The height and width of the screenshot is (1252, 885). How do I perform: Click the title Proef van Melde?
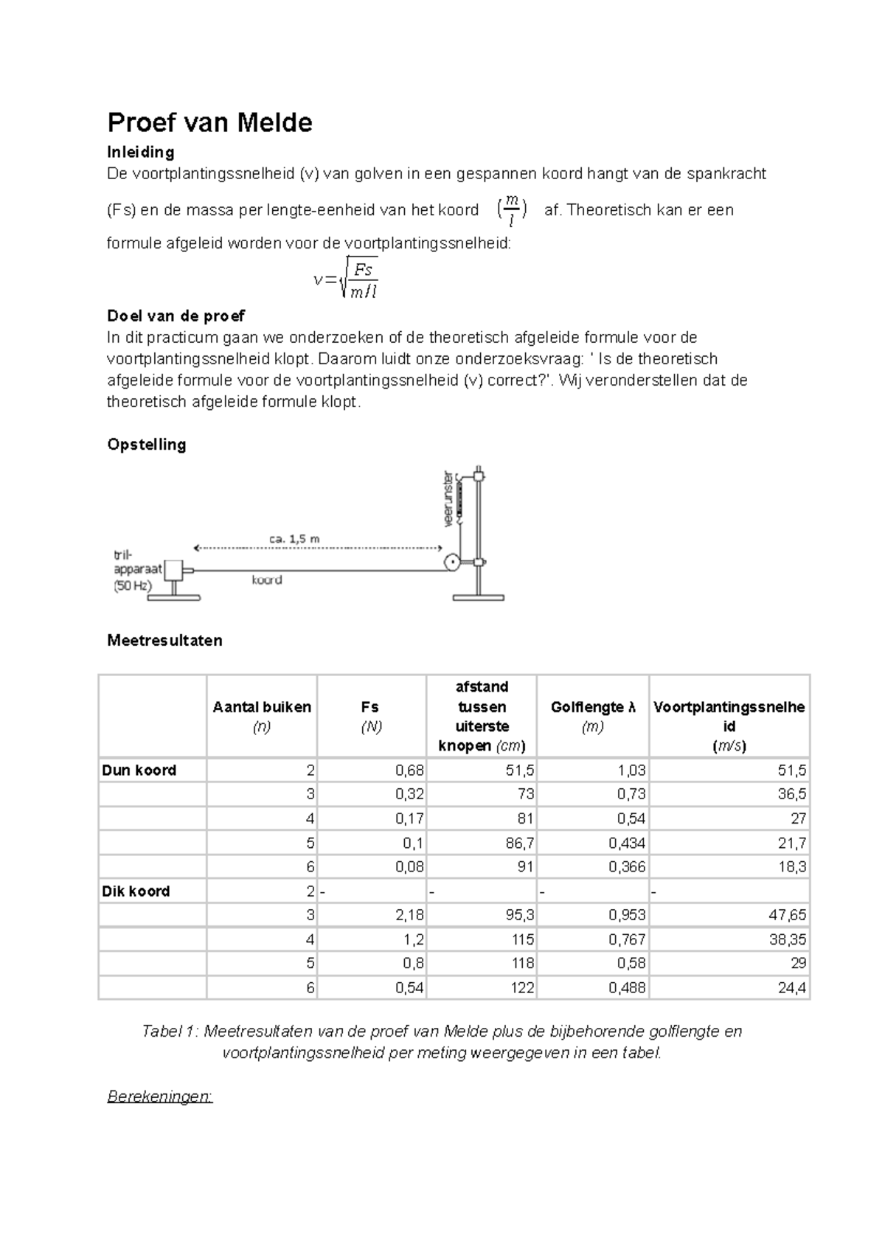(x=209, y=122)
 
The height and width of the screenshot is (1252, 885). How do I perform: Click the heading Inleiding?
(x=141, y=152)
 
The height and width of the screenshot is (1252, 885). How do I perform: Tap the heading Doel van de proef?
(x=176, y=316)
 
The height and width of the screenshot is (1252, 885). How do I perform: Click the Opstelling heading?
(x=146, y=445)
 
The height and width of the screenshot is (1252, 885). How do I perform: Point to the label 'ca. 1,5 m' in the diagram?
(x=294, y=538)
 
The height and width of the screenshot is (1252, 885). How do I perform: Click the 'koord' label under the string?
(x=266, y=580)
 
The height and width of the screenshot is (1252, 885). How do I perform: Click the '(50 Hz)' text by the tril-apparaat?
(x=133, y=586)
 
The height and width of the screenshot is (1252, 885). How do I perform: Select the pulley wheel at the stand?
(x=451, y=564)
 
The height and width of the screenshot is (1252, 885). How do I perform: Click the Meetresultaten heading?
(x=164, y=640)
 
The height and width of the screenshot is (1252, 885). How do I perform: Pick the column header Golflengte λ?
(x=592, y=708)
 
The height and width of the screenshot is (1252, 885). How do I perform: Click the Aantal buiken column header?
(x=262, y=708)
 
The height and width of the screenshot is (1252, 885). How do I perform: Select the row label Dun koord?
(x=139, y=771)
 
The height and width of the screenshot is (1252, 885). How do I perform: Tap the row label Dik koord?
(x=136, y=891)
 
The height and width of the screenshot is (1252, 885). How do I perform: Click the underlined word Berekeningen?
(x=160, y=1096)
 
